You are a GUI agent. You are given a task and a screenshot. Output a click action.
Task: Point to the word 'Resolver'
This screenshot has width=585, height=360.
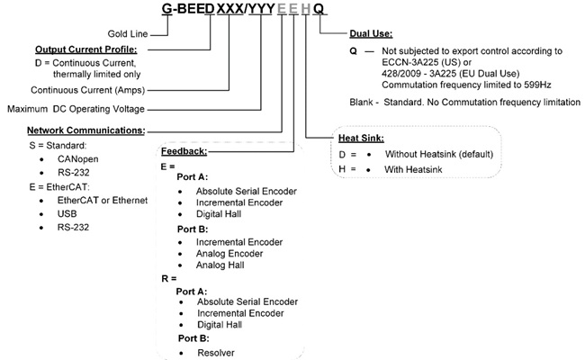point(216,352)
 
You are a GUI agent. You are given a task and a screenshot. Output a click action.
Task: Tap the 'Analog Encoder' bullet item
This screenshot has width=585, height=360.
point(229,253)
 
